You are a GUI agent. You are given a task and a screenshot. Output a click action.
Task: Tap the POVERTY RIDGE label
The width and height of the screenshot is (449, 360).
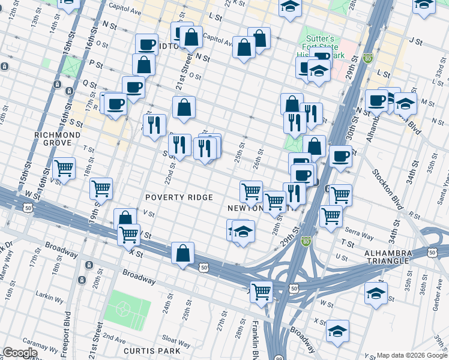(x=179, y=197)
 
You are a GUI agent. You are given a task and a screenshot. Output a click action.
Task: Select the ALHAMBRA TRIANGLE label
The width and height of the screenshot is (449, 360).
(x=388, y=257)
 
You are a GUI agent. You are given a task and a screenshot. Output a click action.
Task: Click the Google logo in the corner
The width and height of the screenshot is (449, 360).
(x=19, y=353)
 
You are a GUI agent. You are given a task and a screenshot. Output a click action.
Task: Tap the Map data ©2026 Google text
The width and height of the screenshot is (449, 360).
(x=412, y=355)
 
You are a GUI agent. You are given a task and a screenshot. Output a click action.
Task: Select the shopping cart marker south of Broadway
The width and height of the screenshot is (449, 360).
(x=261, y=292)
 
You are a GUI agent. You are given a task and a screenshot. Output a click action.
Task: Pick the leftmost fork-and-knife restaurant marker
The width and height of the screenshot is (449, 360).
(x=155, y=125)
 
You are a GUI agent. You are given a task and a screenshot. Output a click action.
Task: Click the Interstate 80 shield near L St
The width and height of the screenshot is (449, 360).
(x=368, y=59)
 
